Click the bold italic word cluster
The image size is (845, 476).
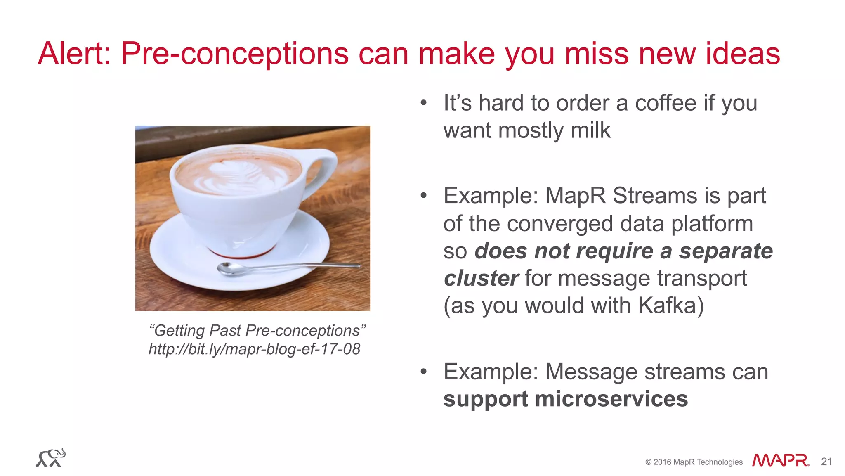pyautogui.click(x=481, y=278)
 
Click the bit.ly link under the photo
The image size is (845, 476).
pyautogui.click(x=254, y=349)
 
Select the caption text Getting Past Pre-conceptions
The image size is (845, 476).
pyautogui.click(x=257, y=331)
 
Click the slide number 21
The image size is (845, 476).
pyautogui.click(x=826, y=462)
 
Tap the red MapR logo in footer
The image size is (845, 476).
pyautogui.click(x=780, y=460)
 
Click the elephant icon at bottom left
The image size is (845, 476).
pyautogui.click(x=51, y=458)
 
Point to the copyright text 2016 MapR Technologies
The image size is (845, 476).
pyautogui.click(x=694, y=462)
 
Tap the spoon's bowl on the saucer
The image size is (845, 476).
pyautogui.click(x=229, y=269)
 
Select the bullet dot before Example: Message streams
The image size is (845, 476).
pyautogui.click(x=423, y=372)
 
